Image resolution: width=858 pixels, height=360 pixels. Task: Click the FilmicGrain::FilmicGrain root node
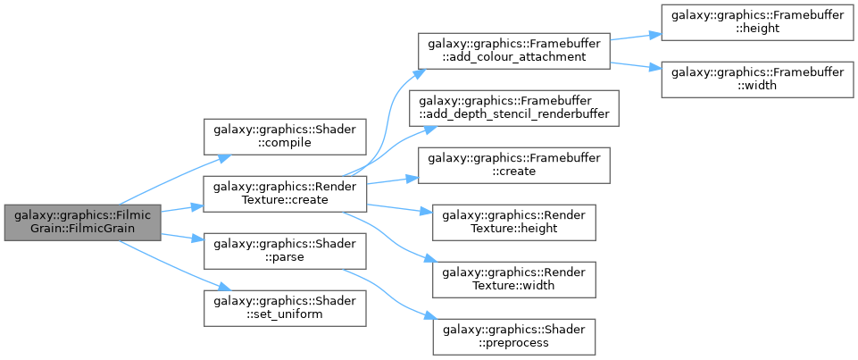[83, 222]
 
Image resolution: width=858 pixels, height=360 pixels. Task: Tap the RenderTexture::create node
[285, 194]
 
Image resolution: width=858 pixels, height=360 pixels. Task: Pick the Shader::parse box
[285, 251]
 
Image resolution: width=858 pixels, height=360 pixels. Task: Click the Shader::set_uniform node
[285, 309]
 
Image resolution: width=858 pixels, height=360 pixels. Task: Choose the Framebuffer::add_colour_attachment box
[513, 51]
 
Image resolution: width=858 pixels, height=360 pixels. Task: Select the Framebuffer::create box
[513, 166]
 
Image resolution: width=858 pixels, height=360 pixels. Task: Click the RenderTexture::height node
[513, 222]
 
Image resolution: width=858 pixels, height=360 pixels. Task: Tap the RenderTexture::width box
[513, 280]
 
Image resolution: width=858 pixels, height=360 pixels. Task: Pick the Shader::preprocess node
[513, 337]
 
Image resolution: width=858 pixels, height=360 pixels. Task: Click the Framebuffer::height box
[757, 22]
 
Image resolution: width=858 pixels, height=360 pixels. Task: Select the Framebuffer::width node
[757, 80]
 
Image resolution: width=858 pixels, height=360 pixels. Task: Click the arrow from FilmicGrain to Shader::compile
[173, 180]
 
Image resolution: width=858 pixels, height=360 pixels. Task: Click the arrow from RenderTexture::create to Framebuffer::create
[392, 180]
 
